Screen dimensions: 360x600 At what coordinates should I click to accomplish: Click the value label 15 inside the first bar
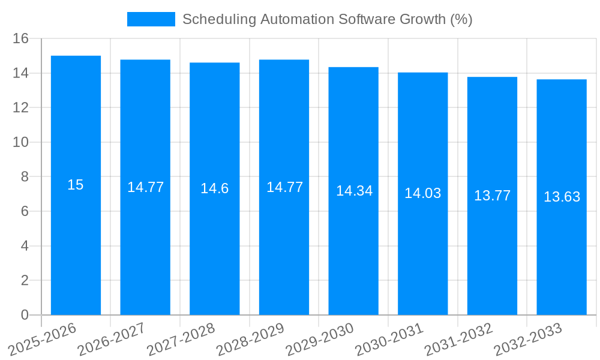click(x=76, y=185)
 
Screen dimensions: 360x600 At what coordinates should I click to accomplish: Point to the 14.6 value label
click(x=215, y=188)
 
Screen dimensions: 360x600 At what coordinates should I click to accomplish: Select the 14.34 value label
click(x=354, y=191)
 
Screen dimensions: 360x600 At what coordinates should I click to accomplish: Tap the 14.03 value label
click(x=422, y=193)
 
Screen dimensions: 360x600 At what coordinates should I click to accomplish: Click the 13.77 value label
click(x=492, y=196)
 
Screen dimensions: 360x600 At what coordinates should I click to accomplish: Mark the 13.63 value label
click(x=562, y=197)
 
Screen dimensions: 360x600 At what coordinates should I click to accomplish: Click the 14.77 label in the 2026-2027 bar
click(x=145, y=187)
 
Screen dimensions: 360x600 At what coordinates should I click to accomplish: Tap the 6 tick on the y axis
click(x=25, y=211)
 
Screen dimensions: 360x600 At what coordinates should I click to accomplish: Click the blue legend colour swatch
click(x=151, y=19)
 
